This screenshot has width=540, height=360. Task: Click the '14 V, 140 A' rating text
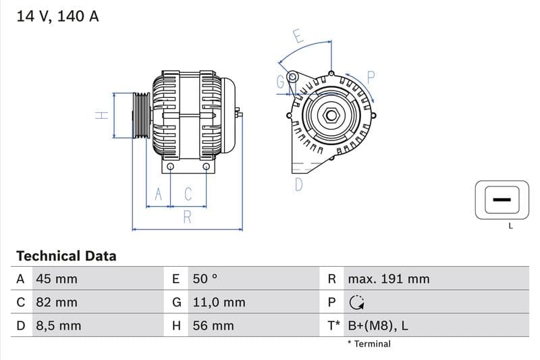tap(57, 16)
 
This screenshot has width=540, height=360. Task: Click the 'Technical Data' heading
tap(66, 256)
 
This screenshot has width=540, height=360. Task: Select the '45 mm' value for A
tap(56, 279)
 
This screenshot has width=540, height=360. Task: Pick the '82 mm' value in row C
tap(56, 303)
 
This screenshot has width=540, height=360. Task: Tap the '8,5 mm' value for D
tap(57, 326)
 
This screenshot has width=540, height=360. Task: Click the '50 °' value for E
tap(205, 279)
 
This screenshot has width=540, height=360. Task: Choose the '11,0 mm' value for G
tap(218, 303)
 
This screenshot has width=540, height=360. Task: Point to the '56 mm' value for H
tap(213, 326)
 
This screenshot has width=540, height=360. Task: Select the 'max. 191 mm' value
tap(388, 279)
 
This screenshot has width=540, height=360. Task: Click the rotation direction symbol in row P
tap(357, 303)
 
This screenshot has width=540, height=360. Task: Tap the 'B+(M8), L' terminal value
tap(377, 326)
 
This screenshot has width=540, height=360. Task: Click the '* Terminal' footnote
tap(369, 344)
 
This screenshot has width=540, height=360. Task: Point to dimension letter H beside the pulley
tap(101, 115)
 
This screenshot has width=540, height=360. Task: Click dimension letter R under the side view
tap(188, 217)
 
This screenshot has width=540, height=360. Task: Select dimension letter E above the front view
tap(298, 36)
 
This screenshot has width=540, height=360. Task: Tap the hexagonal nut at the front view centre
tap(331, 115)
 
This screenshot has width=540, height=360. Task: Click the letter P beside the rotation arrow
tap(371, 77)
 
